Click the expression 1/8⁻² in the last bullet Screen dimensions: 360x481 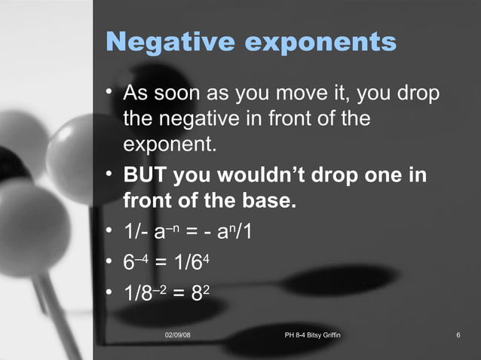(147, 294)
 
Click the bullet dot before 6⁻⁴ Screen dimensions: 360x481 (110, 262)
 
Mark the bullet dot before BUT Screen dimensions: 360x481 (110, 175)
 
